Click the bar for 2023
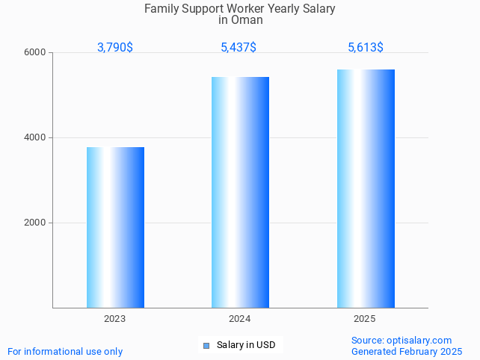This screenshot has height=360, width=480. click(115, 227)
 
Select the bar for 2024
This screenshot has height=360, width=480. click(240, 192)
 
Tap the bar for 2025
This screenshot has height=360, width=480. click(366, 188)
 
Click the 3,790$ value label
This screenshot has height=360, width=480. click(115, 48)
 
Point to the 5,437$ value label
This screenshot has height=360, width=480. click(239, 48)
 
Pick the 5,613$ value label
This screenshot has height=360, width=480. click(366, 48)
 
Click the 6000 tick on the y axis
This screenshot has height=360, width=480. click(38, 53)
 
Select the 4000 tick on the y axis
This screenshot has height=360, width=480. click(38, 138)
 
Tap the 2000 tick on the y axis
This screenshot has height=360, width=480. click(38, 223)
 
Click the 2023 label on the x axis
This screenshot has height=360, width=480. click(115, 319)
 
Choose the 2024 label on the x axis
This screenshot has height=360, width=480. click(240, 319)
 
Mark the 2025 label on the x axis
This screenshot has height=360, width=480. click(365, 319)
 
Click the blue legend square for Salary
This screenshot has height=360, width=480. click(207, 345)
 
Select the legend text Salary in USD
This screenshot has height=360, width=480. click(246, 345)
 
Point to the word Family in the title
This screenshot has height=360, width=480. click(161, 9)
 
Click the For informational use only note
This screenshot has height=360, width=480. click(65, 351)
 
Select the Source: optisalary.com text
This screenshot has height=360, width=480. click(401, 340)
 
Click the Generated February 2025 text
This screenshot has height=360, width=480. click(407, 351)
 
